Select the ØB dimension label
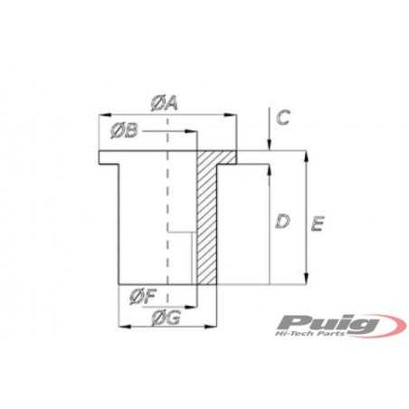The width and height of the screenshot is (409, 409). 125,132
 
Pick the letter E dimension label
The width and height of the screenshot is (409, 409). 317,224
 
